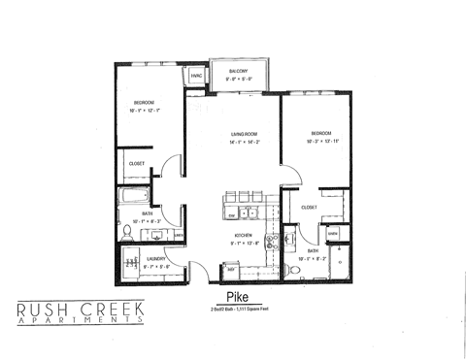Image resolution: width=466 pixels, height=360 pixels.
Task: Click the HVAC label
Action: (196, 75)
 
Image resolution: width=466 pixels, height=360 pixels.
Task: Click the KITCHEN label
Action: (244, 235)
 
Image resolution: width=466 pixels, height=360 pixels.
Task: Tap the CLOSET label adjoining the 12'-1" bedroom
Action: (137, 163)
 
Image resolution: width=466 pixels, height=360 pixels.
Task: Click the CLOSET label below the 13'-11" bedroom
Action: (310, 207)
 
